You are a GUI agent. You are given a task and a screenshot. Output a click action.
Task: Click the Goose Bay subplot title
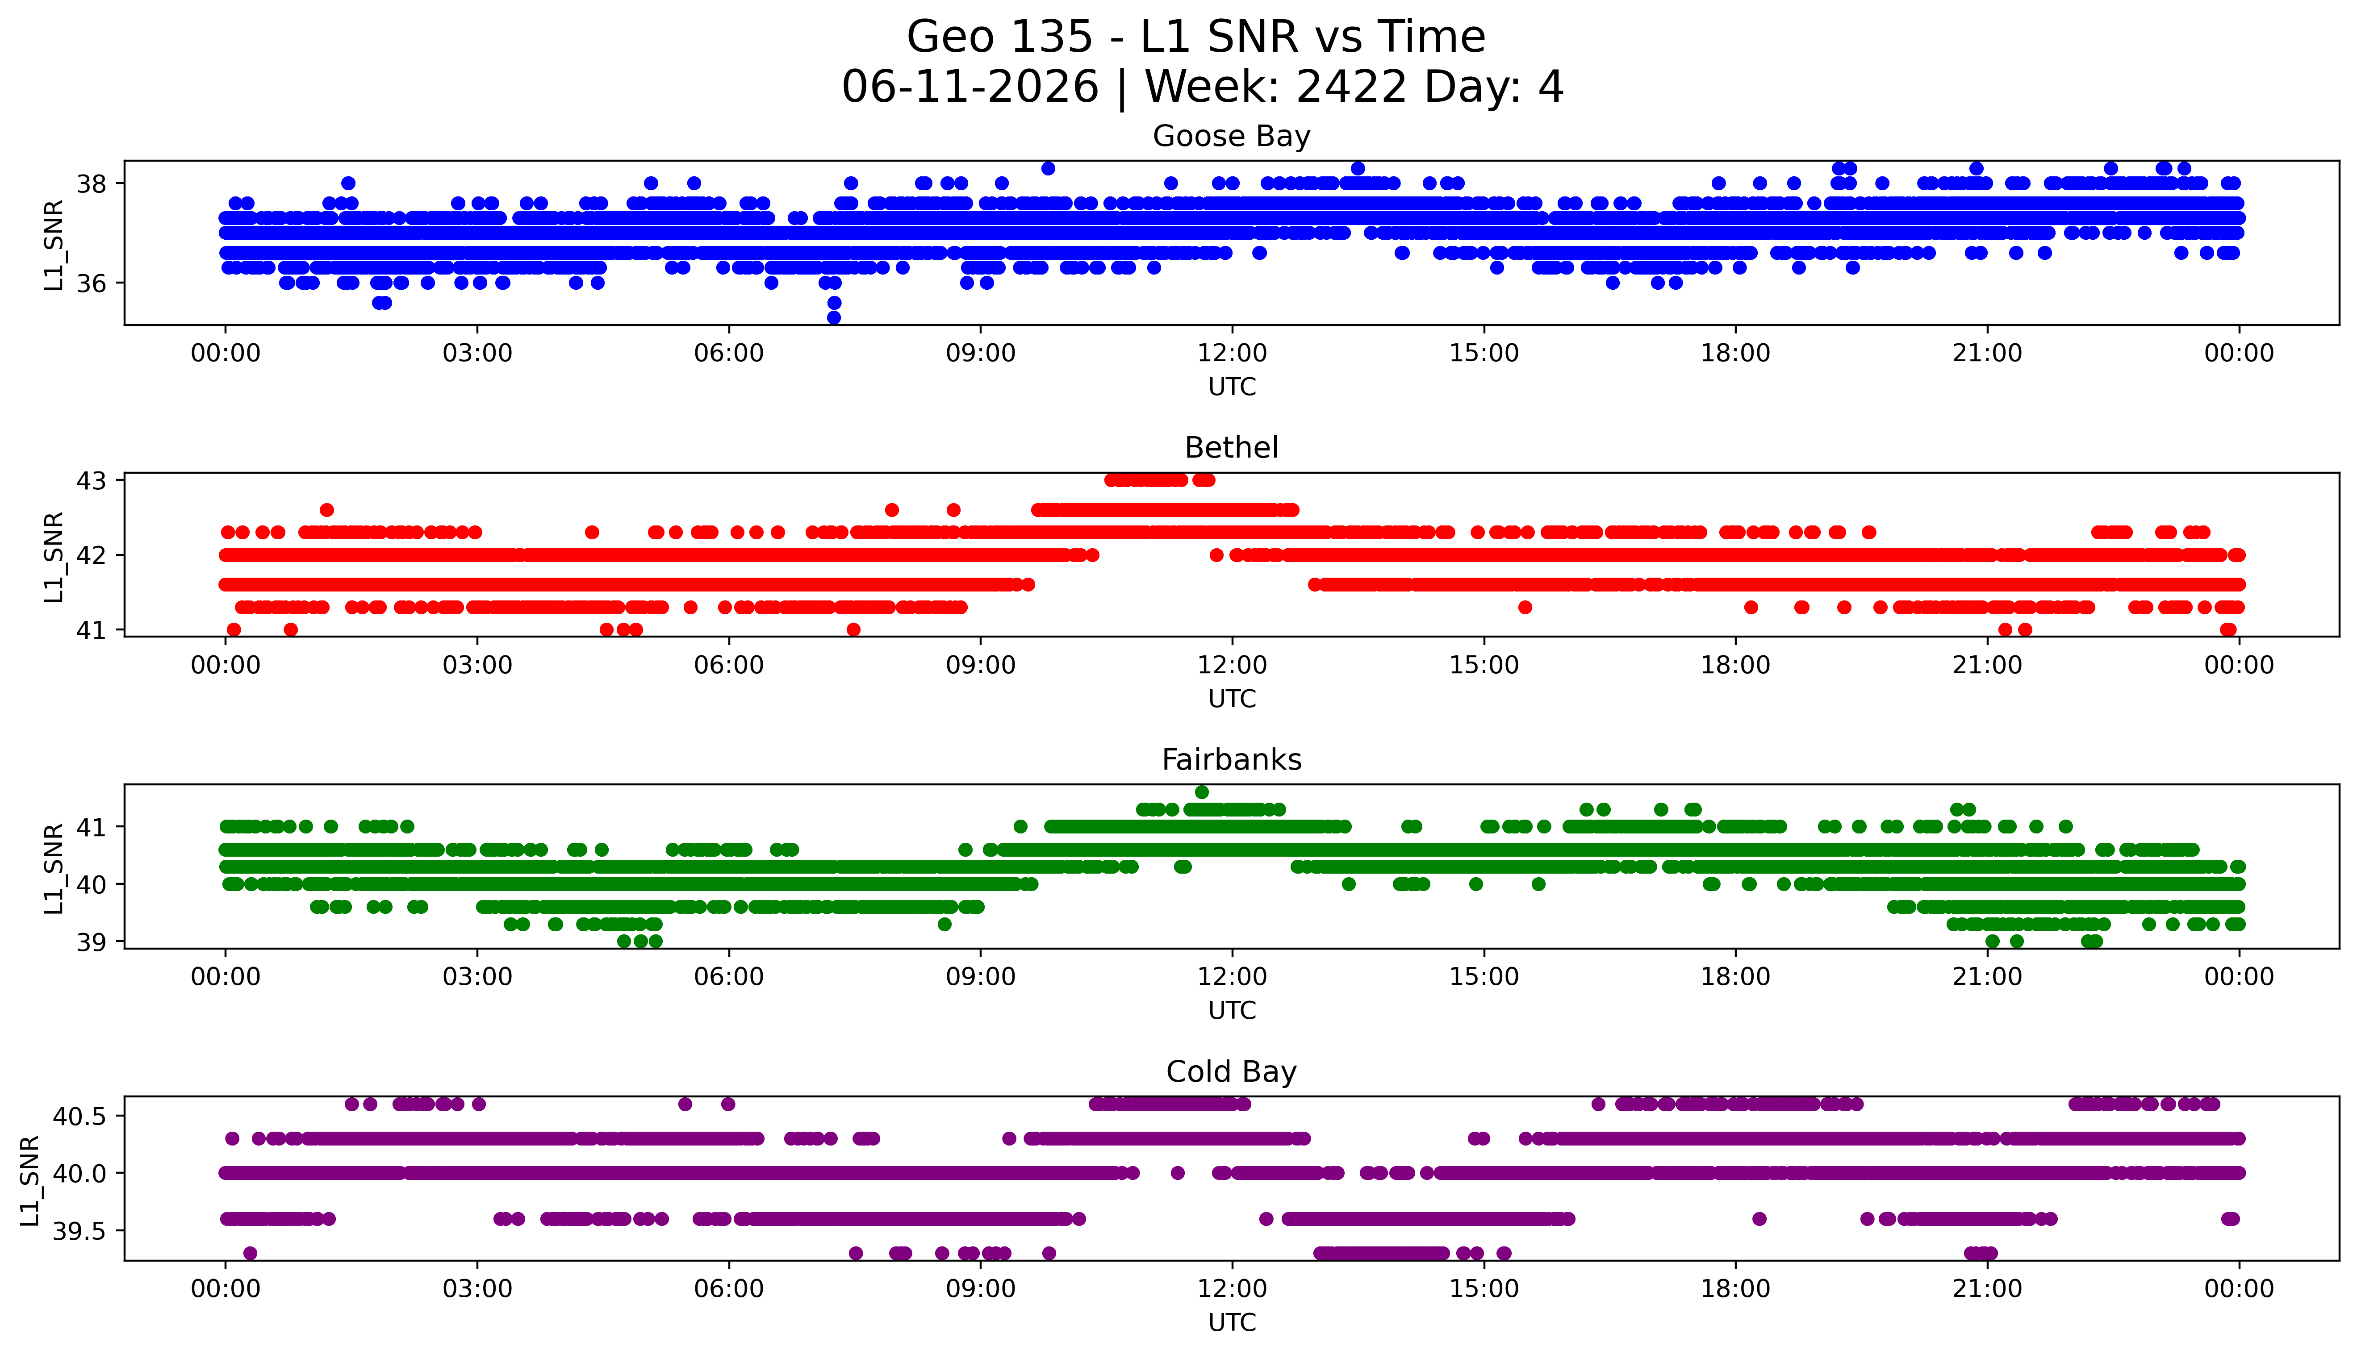coord(1232,137)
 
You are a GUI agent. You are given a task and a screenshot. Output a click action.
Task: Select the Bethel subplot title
coord(1232,448)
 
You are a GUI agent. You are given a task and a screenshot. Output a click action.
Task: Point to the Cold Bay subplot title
coord(1232,1072)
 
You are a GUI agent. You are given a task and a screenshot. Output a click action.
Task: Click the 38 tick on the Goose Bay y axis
coord(92,184)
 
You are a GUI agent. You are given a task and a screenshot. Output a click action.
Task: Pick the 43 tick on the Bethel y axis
coord(92,481)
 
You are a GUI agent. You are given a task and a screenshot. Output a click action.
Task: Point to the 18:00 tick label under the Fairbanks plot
coord(1736,977)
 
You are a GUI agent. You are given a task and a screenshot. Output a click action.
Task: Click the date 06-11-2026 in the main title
coord(970,87)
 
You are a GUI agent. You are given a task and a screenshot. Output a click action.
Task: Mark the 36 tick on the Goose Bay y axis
coord(92,283)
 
